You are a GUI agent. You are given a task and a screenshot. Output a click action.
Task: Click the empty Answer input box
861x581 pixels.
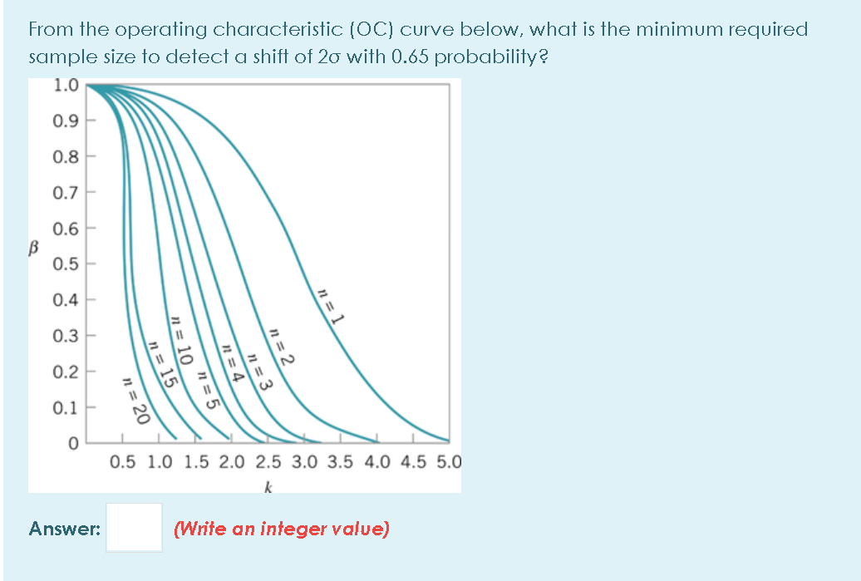134,527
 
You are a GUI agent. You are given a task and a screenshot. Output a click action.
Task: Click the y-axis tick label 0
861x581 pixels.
73,444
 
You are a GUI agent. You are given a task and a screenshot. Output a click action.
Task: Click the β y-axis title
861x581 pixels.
36,246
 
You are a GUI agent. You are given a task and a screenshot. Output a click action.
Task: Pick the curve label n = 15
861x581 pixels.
163,365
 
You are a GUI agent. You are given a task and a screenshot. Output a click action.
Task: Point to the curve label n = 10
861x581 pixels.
181,341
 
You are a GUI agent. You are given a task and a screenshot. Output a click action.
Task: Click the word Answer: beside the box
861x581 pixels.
65,528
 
